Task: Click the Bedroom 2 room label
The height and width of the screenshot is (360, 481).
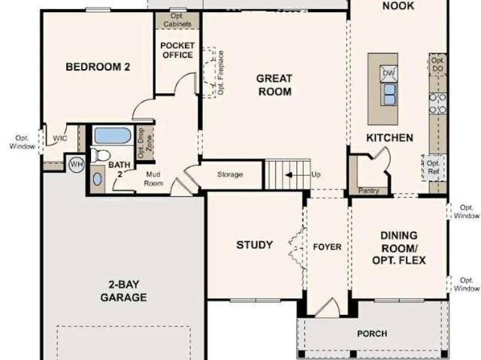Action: (98, 67)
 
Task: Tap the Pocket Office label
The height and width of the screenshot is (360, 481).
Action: (177, 50)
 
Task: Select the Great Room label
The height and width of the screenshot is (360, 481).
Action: (274, 85)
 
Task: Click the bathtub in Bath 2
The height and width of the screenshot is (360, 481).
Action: (113, 135)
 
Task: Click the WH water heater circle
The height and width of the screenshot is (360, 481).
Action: (77, 165)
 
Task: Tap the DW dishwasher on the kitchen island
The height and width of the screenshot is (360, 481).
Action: (389, 74)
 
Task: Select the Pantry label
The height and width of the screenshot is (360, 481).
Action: (369, 190)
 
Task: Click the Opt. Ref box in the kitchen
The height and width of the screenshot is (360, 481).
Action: (434, 168)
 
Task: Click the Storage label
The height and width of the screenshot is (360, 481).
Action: (230, 174)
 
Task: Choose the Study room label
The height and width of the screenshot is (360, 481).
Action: (255, 245)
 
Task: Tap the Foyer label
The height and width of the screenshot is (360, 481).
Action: (327, 247)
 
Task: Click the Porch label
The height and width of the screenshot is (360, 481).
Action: (372, 334)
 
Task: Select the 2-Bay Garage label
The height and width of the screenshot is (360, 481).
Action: (123, 291)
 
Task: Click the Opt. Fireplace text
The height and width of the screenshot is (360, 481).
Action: (221, 73)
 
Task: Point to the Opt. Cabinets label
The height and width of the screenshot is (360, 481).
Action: (177, 20)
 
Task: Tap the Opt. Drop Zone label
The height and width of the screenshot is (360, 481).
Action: (145, 143)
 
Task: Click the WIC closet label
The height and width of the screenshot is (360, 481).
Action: (60, 138)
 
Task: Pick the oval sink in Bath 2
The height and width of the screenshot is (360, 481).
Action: (97, 179)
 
